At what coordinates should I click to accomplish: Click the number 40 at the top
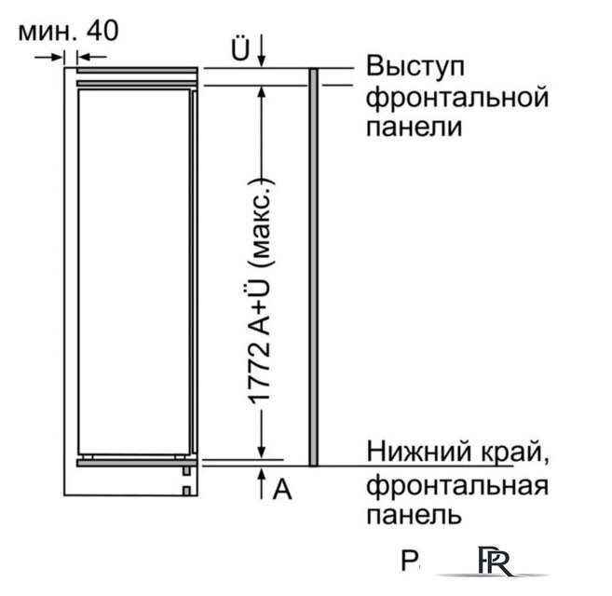point(103,31)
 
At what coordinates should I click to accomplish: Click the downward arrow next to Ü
point(262,49)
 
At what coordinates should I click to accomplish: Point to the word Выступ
point(415,67)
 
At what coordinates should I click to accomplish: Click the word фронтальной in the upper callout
point(456,96)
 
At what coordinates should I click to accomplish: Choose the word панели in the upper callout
point(415,126)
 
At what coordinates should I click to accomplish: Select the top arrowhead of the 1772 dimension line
point(264,91)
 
